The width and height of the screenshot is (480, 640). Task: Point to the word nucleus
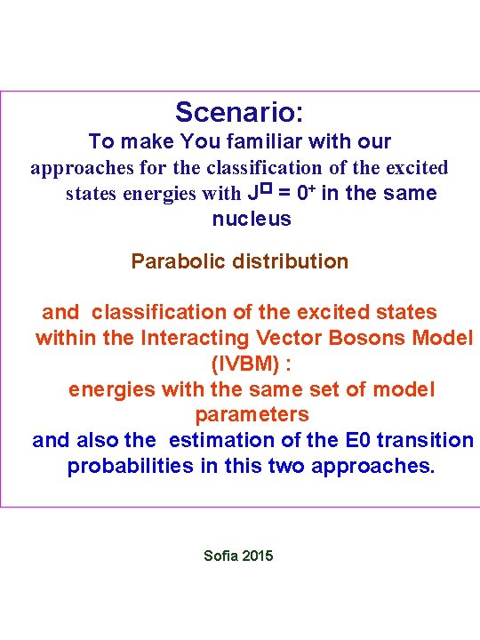click(252, 219)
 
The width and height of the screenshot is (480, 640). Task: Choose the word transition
click(421, 441)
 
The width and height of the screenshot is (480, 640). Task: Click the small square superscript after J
click(264, 188)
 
